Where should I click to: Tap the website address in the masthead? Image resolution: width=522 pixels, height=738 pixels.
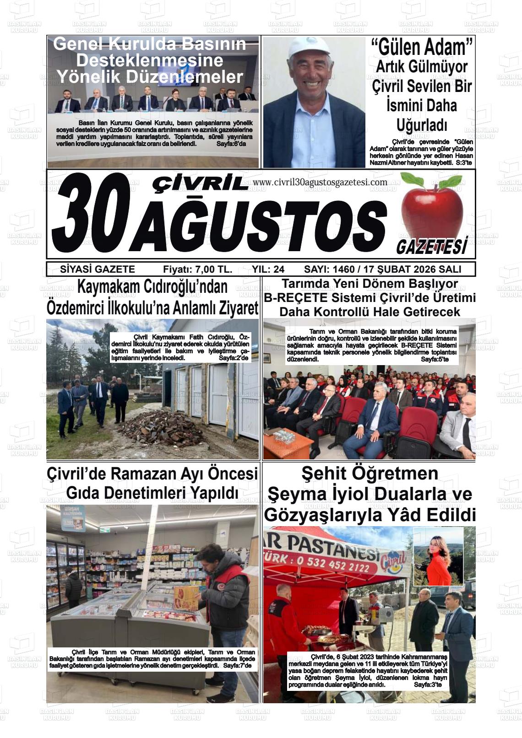pyautogui.click(x=320, y=182)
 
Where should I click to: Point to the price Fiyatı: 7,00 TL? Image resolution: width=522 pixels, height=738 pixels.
pyautogui.click(x=197, y=269)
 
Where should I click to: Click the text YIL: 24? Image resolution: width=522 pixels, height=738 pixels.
pyautogui.click(x=268, y=269)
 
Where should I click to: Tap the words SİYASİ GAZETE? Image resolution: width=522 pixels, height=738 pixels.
pyautogui.click(x=98, y=269)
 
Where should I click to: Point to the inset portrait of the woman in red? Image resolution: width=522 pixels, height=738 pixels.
pyautogui.click(x=439, y=556)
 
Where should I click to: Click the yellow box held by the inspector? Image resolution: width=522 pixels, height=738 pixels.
pyautogui.click(x=186, y=598)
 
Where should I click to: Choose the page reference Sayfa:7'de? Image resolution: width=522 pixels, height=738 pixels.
pyautogui.click(x=238, y=665)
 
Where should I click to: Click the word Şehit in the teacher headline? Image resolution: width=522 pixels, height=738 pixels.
pyautogui.click(x=323, y=474)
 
